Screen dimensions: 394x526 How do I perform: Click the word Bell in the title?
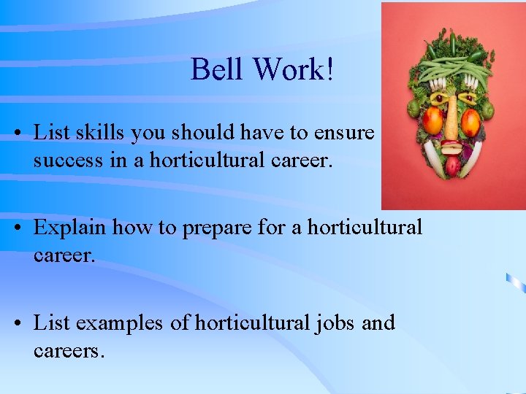tap(218, 70)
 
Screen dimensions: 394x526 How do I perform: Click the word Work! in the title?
tap(294, 70)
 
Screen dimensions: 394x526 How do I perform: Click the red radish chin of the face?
tap(454, 166)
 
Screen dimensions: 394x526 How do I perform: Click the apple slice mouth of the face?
tap(453, 147)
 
